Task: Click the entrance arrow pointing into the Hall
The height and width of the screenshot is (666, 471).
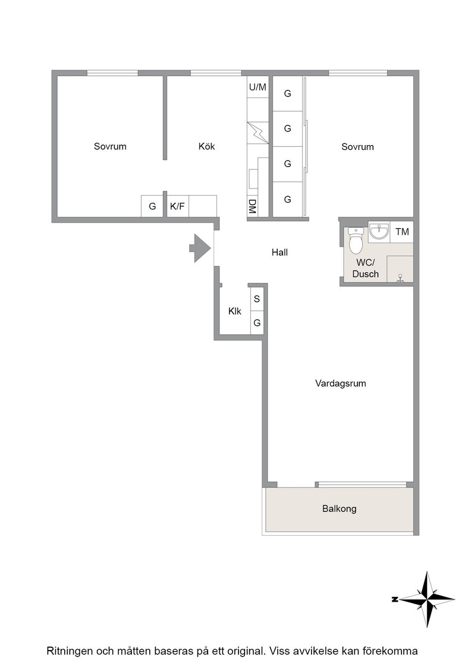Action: click(x=200, y=248)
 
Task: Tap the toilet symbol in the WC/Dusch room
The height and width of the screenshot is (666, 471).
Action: click(x=354, y=240)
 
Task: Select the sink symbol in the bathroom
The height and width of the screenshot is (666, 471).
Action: click(x=378, y=232)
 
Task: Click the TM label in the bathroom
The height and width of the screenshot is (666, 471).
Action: click(x=402, y=231)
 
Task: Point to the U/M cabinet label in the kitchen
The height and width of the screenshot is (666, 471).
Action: click(x=258, y=87)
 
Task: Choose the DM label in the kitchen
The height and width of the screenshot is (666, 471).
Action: click(x=252, y=206)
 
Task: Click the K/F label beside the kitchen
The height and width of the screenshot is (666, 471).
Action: click(x=177, y=206)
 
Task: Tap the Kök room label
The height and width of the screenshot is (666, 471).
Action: click(x=206, y=146)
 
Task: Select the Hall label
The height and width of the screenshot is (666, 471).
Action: click(x=280, y=252)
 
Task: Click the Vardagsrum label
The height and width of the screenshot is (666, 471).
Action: click(x=341, y=383)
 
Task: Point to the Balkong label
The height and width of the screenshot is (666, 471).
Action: click(x=339, y=508)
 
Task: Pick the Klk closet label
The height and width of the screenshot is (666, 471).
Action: click(x=234, y=312)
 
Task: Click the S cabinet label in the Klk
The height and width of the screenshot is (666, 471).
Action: click(x=256, y=299)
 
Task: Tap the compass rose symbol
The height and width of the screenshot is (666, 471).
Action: click(x=426, y=599)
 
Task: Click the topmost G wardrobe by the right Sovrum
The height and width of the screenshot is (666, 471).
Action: click(x=287, y=93)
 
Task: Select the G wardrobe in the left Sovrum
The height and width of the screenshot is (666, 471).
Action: click(x=152, y=206)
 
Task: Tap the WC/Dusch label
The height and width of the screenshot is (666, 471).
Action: click(x=365, y=268)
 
